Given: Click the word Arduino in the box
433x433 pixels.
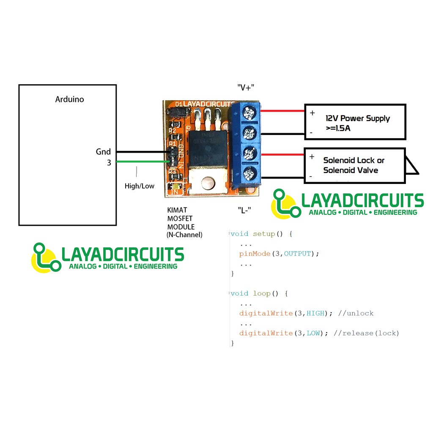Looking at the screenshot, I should [70, 99].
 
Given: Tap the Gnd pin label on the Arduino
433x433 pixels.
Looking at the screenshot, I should [103, 152].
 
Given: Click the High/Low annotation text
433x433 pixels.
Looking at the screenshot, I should [140, 186].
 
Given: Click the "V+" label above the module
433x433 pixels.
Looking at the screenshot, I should [246, 88].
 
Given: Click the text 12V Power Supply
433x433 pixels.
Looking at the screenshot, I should [358, 118].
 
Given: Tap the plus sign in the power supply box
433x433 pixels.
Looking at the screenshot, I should [312, 113].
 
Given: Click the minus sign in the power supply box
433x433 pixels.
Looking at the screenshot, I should [311, 133].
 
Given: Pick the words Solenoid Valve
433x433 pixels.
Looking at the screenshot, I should [351, 170].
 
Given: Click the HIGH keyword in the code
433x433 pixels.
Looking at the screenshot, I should [315, 313].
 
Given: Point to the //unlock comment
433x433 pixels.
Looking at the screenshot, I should [356, 313].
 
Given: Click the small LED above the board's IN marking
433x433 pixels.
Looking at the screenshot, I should [175, 186].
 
